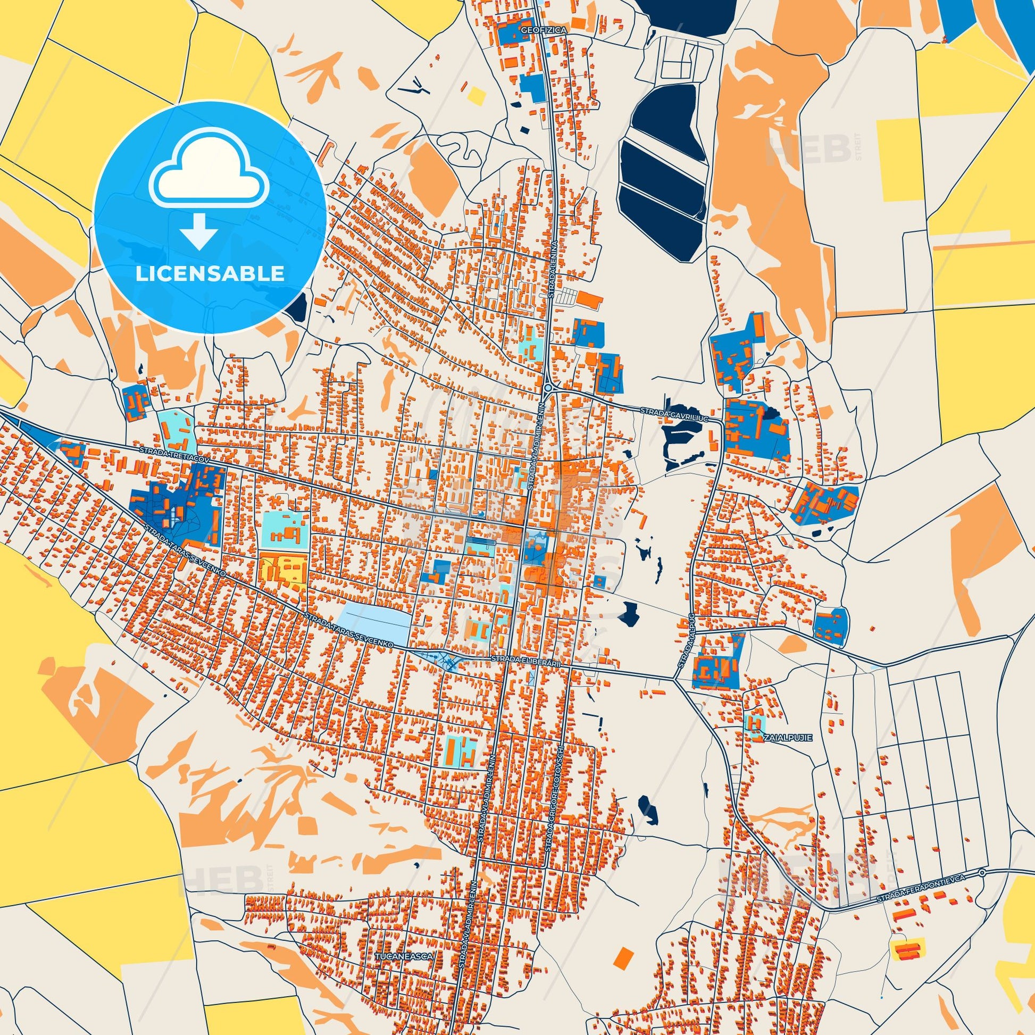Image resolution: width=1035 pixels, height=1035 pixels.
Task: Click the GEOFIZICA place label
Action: click(x=543, y=31)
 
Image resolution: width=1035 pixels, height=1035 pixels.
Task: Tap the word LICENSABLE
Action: click(x=210, y=274)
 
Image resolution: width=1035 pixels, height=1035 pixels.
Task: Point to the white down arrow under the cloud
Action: click(x=199, y=230)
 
